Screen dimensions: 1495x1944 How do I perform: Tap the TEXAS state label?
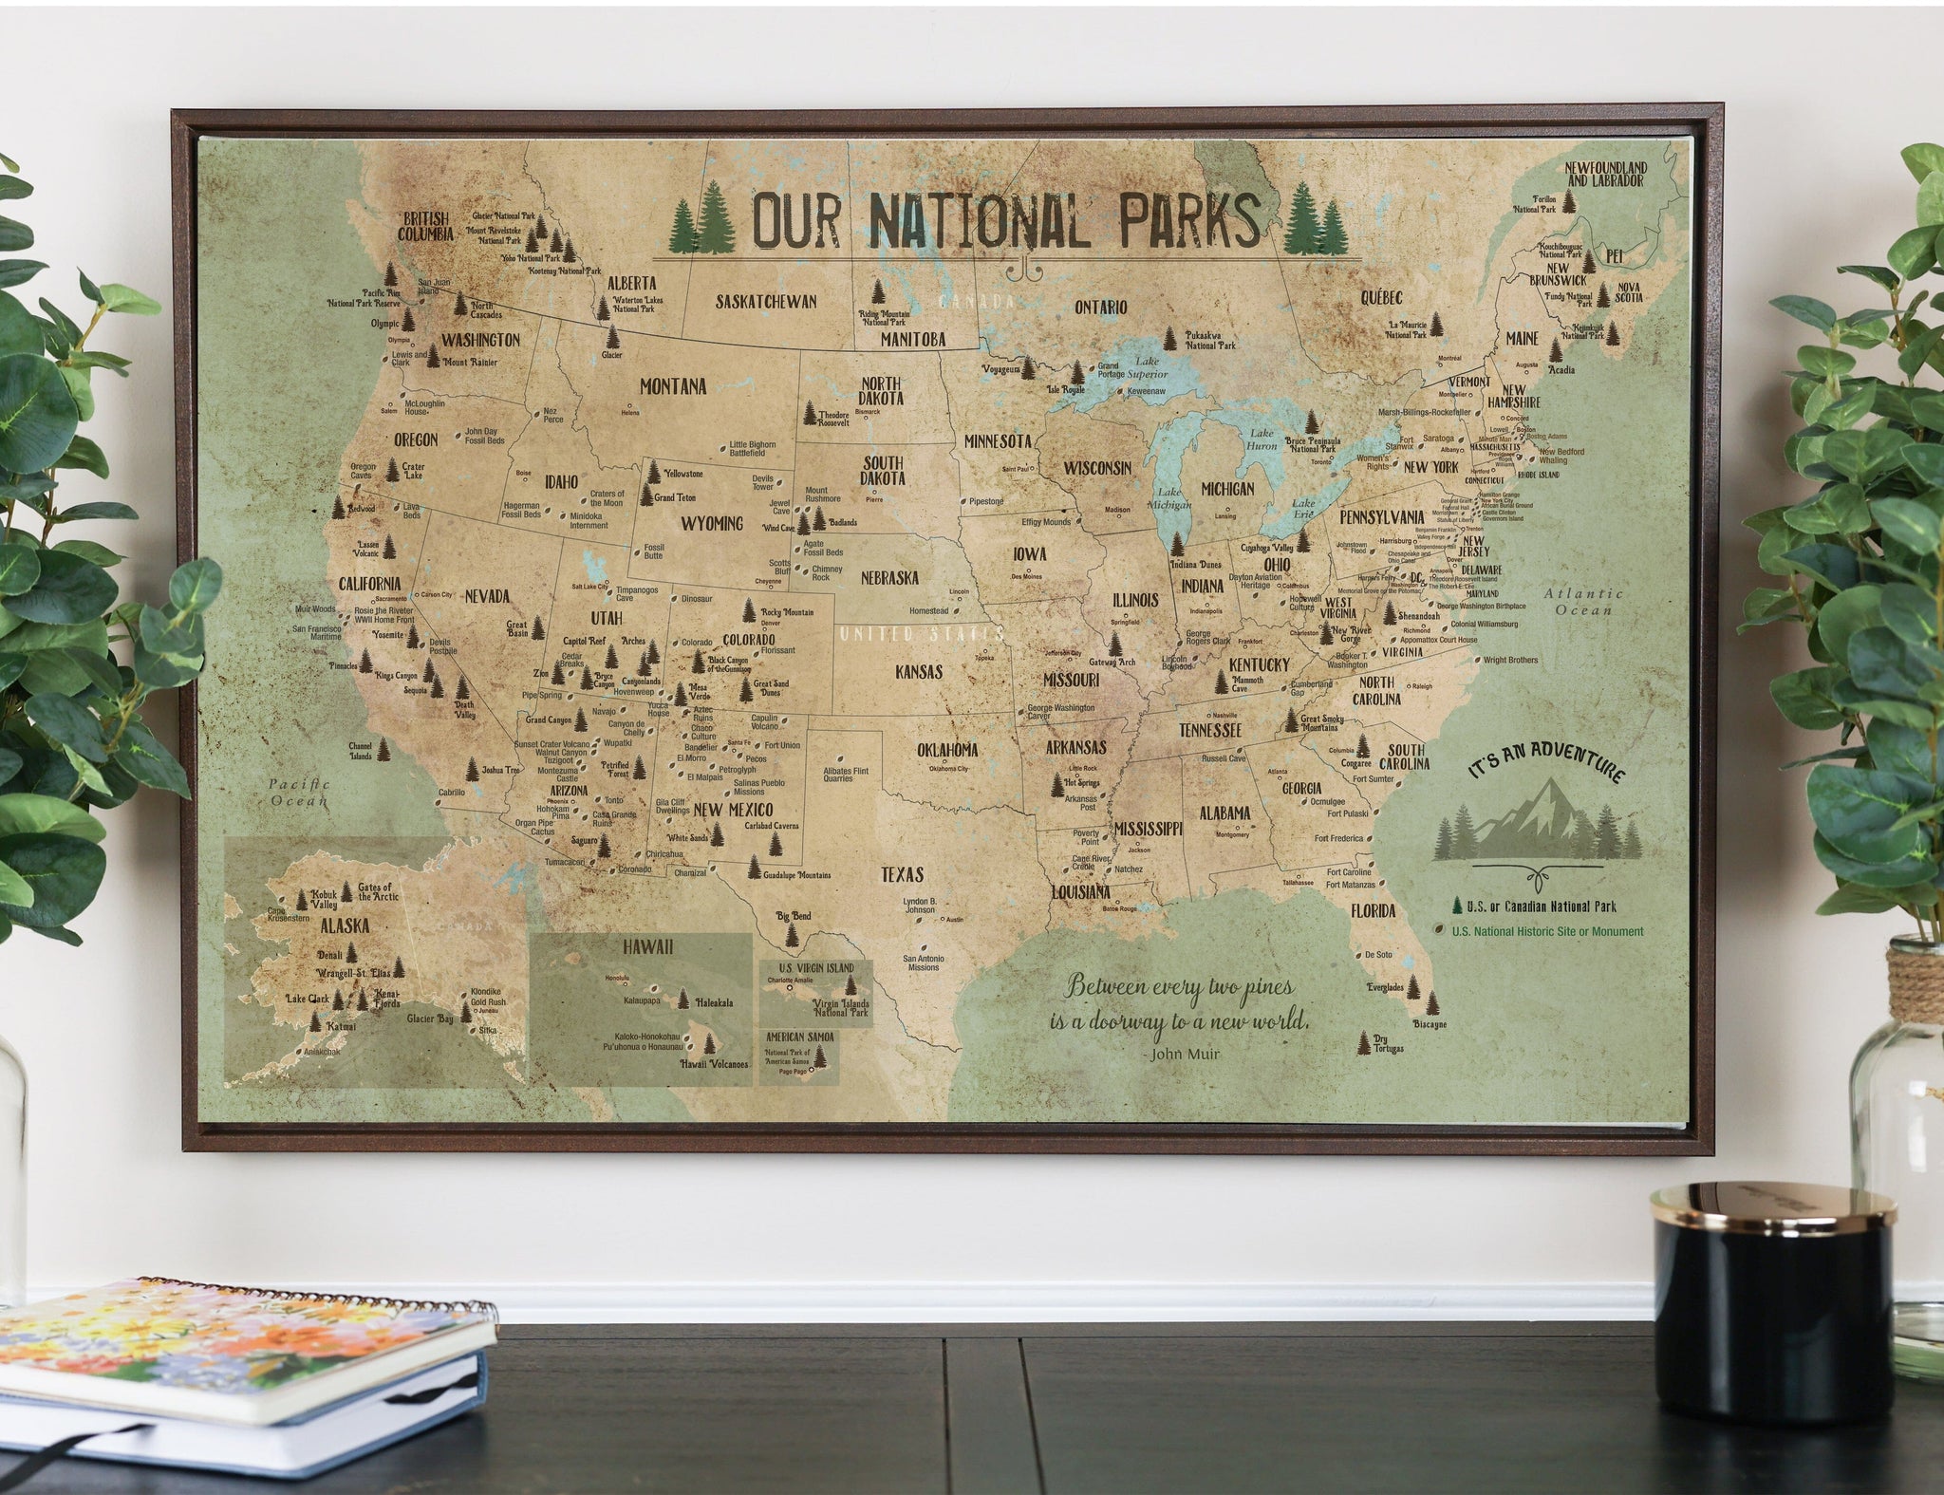901,874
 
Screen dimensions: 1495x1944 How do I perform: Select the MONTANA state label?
673,386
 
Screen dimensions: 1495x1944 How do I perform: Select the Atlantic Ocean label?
1582,602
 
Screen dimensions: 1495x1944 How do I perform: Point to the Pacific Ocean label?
298,793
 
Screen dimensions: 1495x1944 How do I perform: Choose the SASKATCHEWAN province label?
766,301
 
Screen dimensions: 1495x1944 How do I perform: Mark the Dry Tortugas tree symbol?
1364,1042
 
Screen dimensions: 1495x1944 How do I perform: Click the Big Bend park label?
794,917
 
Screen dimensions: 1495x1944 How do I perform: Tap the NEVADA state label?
487,596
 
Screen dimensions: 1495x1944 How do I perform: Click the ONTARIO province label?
1100,307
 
